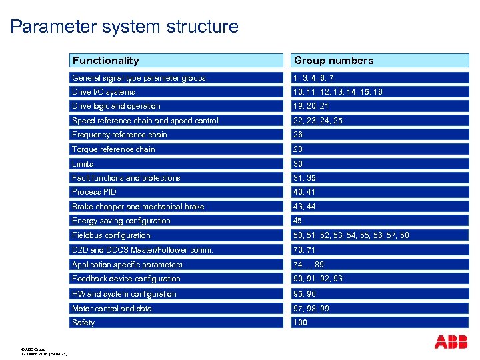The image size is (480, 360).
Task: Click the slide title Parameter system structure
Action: click(125, 27)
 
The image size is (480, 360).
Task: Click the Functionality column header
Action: click(106, 61)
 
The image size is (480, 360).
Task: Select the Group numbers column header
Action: click(333, 61)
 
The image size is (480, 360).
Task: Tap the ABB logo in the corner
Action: click(451, 342)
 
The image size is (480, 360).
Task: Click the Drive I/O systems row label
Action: click(103, 92)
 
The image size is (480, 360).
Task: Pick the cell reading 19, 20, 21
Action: click(311, 106)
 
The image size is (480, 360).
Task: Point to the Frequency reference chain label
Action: click(119, 135)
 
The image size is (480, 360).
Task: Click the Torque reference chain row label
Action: click(113, 149)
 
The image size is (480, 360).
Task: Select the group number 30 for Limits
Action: click(298, 164)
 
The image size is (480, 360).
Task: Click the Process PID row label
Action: click(94, 192)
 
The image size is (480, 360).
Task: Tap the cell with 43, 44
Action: click(305, 207)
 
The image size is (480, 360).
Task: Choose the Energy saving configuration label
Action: click(121, 221)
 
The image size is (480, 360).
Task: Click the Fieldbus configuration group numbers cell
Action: click(351, 235)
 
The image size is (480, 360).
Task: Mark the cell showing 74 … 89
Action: click(309, 265)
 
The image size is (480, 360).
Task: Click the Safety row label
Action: click(83, 323)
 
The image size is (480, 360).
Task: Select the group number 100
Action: click(301, 323)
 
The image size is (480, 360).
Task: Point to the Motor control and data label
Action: click(112, 309)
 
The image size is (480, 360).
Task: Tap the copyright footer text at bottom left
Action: click(44, 351)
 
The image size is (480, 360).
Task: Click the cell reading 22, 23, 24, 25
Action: click(317, 121)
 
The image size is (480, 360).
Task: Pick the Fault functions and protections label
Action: click(126, 178)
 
